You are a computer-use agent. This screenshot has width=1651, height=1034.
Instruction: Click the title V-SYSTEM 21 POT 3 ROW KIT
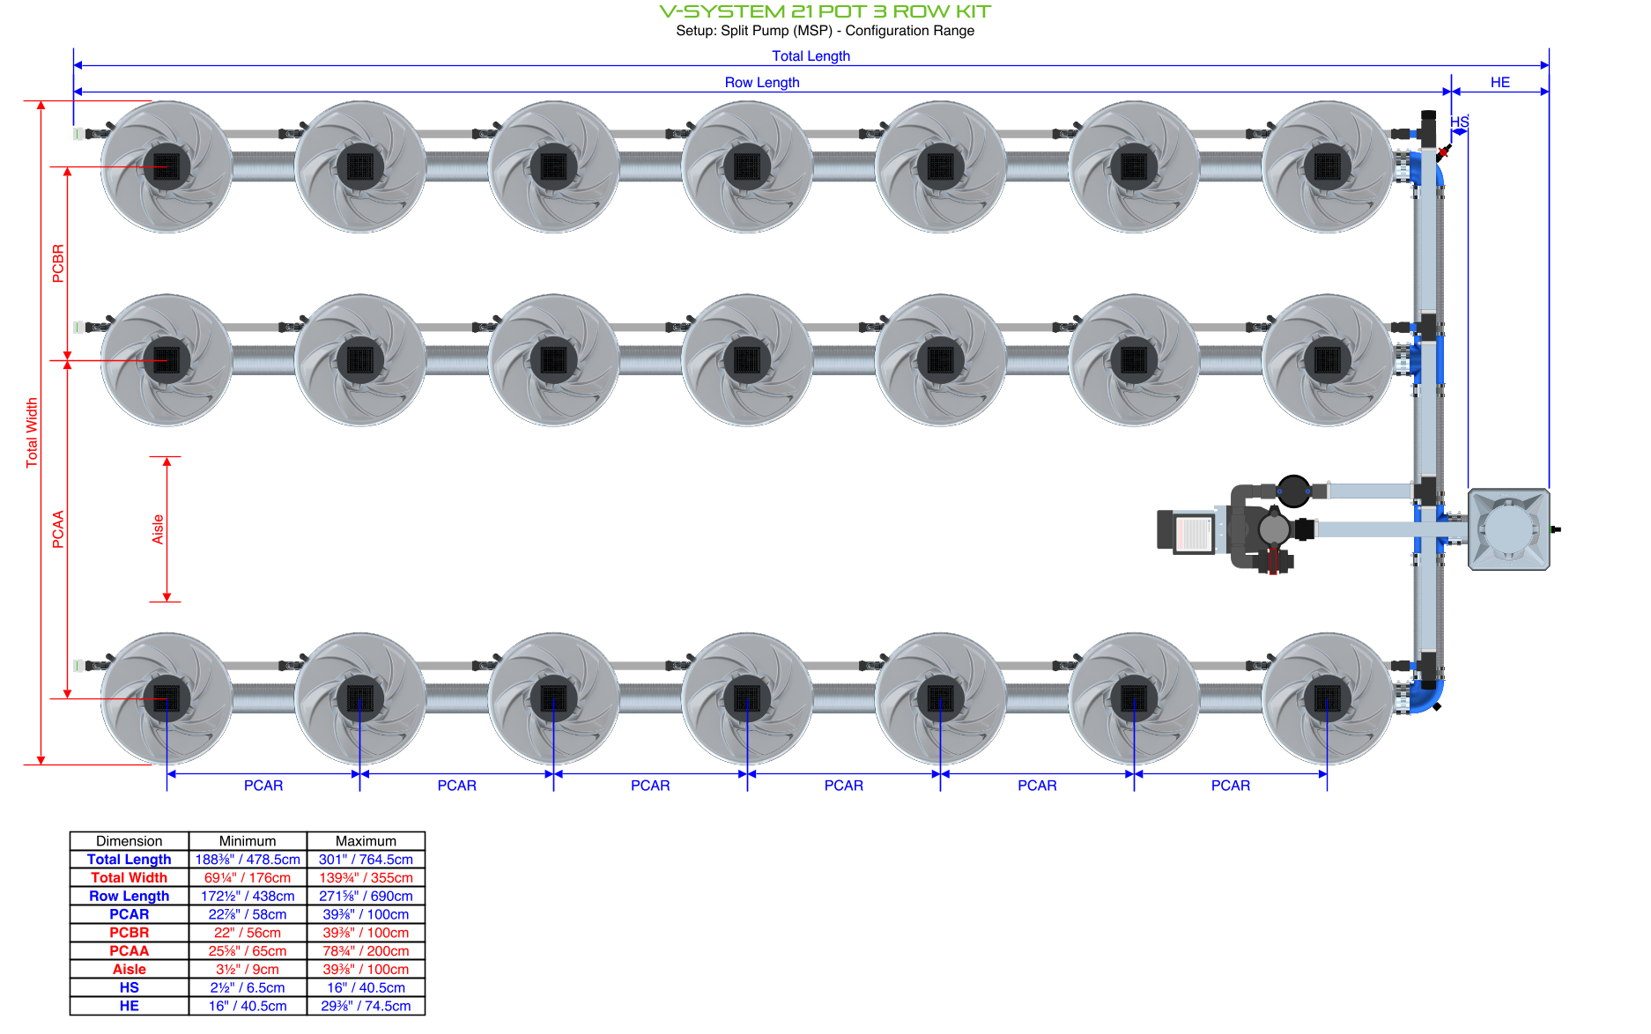pyautogui.click(x=825, y=11)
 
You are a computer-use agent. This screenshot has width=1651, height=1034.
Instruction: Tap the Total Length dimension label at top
pyautogui.click(x=811, y=55)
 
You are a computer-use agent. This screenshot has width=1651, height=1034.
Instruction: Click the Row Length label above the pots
pyautogui.click(x=761, y=82)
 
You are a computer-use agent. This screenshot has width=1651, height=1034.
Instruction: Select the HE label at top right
pyautogui.click(x=1499, y=82)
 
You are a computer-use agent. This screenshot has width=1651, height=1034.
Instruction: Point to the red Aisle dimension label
pyautogui.click(x=158, y=528)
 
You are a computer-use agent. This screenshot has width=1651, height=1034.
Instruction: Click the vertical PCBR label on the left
pyautogui.click(x=58, y=262)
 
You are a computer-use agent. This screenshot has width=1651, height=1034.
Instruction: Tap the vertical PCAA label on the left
pyautogui.click(x=58, y=528)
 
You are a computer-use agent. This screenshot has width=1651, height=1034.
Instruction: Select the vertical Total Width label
pyautogui.click(x=32, y=432)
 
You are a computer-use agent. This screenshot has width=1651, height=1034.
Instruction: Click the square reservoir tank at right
pyautogui.click(x=1508, y=529)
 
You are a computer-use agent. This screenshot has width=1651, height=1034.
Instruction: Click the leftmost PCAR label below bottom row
pyautogui.click(x=263, y=785)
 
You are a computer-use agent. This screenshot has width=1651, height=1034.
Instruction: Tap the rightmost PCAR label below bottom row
pyautogui.click(x=1230, y=785)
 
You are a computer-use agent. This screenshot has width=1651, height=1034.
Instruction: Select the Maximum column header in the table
pyautogui.click(x=366, y=841)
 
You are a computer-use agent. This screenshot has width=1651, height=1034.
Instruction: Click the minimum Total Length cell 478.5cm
pyautogui.click(x=248, y=860)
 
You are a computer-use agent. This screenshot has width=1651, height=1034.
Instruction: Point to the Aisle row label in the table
pyautogui.click(x=129, y=969)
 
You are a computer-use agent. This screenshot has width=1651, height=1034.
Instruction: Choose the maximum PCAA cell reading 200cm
pyautogui.click(x=366, y=951)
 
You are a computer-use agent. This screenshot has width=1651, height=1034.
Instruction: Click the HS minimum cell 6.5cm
pyautogui.click(x=248, y=987)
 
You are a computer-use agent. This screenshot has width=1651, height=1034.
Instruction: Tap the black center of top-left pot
pyautogui.click(x=166, y=166)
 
